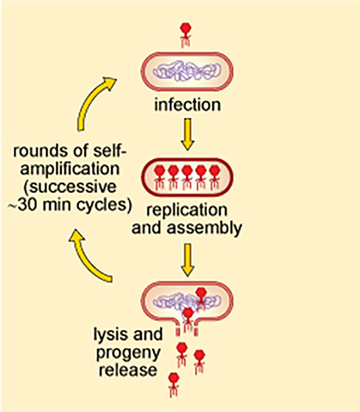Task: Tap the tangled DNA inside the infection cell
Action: tap(187, 73)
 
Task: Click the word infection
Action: tap(187, 106)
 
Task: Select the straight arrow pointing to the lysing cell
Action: tap(187, 259)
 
